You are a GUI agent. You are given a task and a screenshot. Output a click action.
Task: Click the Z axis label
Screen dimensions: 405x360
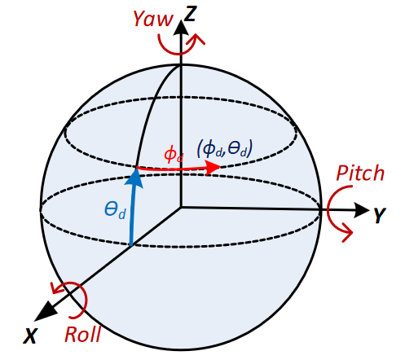click(190, 14)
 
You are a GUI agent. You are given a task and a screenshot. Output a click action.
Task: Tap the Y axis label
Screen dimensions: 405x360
click(380, 215)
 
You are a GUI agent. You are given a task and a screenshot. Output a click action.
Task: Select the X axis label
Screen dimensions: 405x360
click(30, 336)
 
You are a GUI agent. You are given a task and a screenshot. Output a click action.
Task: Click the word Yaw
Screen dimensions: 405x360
click(153, 19)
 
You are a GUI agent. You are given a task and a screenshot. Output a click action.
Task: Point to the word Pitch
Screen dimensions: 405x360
click(360, 173)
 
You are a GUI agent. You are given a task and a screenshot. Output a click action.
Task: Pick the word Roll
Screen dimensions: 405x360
click(83, 334)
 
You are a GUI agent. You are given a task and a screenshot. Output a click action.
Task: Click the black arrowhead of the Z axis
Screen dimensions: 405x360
click(181, 27)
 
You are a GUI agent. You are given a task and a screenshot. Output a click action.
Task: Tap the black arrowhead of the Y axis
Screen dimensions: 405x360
click(362, 210)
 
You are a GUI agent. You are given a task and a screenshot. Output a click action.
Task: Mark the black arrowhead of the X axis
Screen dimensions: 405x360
click(46, 311)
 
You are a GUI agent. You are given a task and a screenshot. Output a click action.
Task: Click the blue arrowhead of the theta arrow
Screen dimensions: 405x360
click(134, 178)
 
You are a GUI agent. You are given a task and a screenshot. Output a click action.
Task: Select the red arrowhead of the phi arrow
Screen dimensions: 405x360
click(213, 168)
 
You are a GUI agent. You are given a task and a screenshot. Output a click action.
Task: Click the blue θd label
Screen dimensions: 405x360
click(115, 210)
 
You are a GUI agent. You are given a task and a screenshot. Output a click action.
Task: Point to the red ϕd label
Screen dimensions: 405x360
click(174, 155)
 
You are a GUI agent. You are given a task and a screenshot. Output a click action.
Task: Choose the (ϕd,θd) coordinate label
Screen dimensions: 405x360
click(225, 148)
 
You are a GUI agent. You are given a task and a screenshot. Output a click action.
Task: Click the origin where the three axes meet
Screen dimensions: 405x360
click(181, 208)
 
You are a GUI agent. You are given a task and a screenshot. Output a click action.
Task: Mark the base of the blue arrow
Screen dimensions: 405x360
click(131, 244)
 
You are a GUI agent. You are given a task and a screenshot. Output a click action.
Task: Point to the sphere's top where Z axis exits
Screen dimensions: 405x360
click(181, 64)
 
